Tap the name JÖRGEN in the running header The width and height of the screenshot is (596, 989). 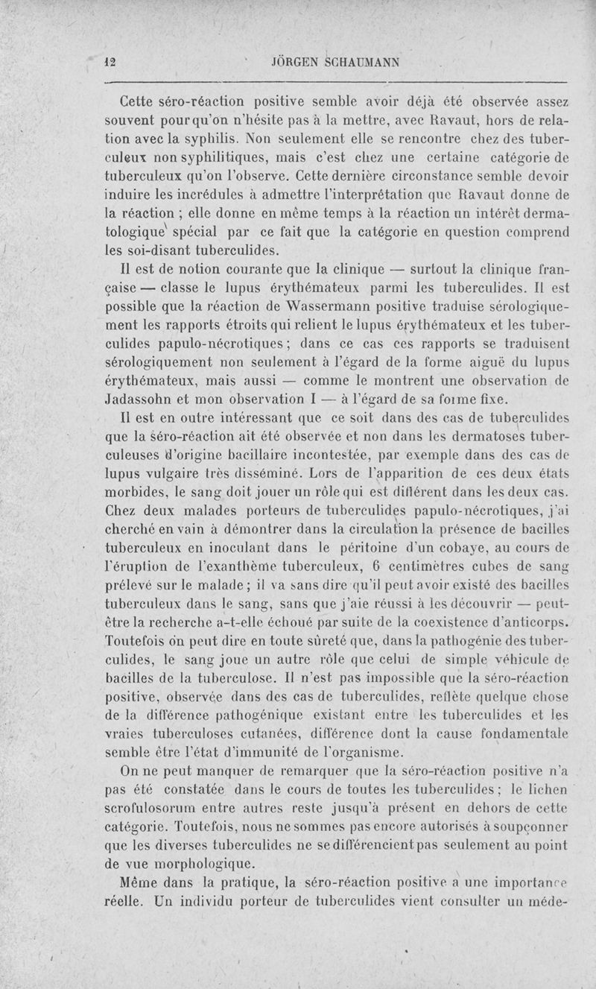[297, 63]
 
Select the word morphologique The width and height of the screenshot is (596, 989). [189, 864]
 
